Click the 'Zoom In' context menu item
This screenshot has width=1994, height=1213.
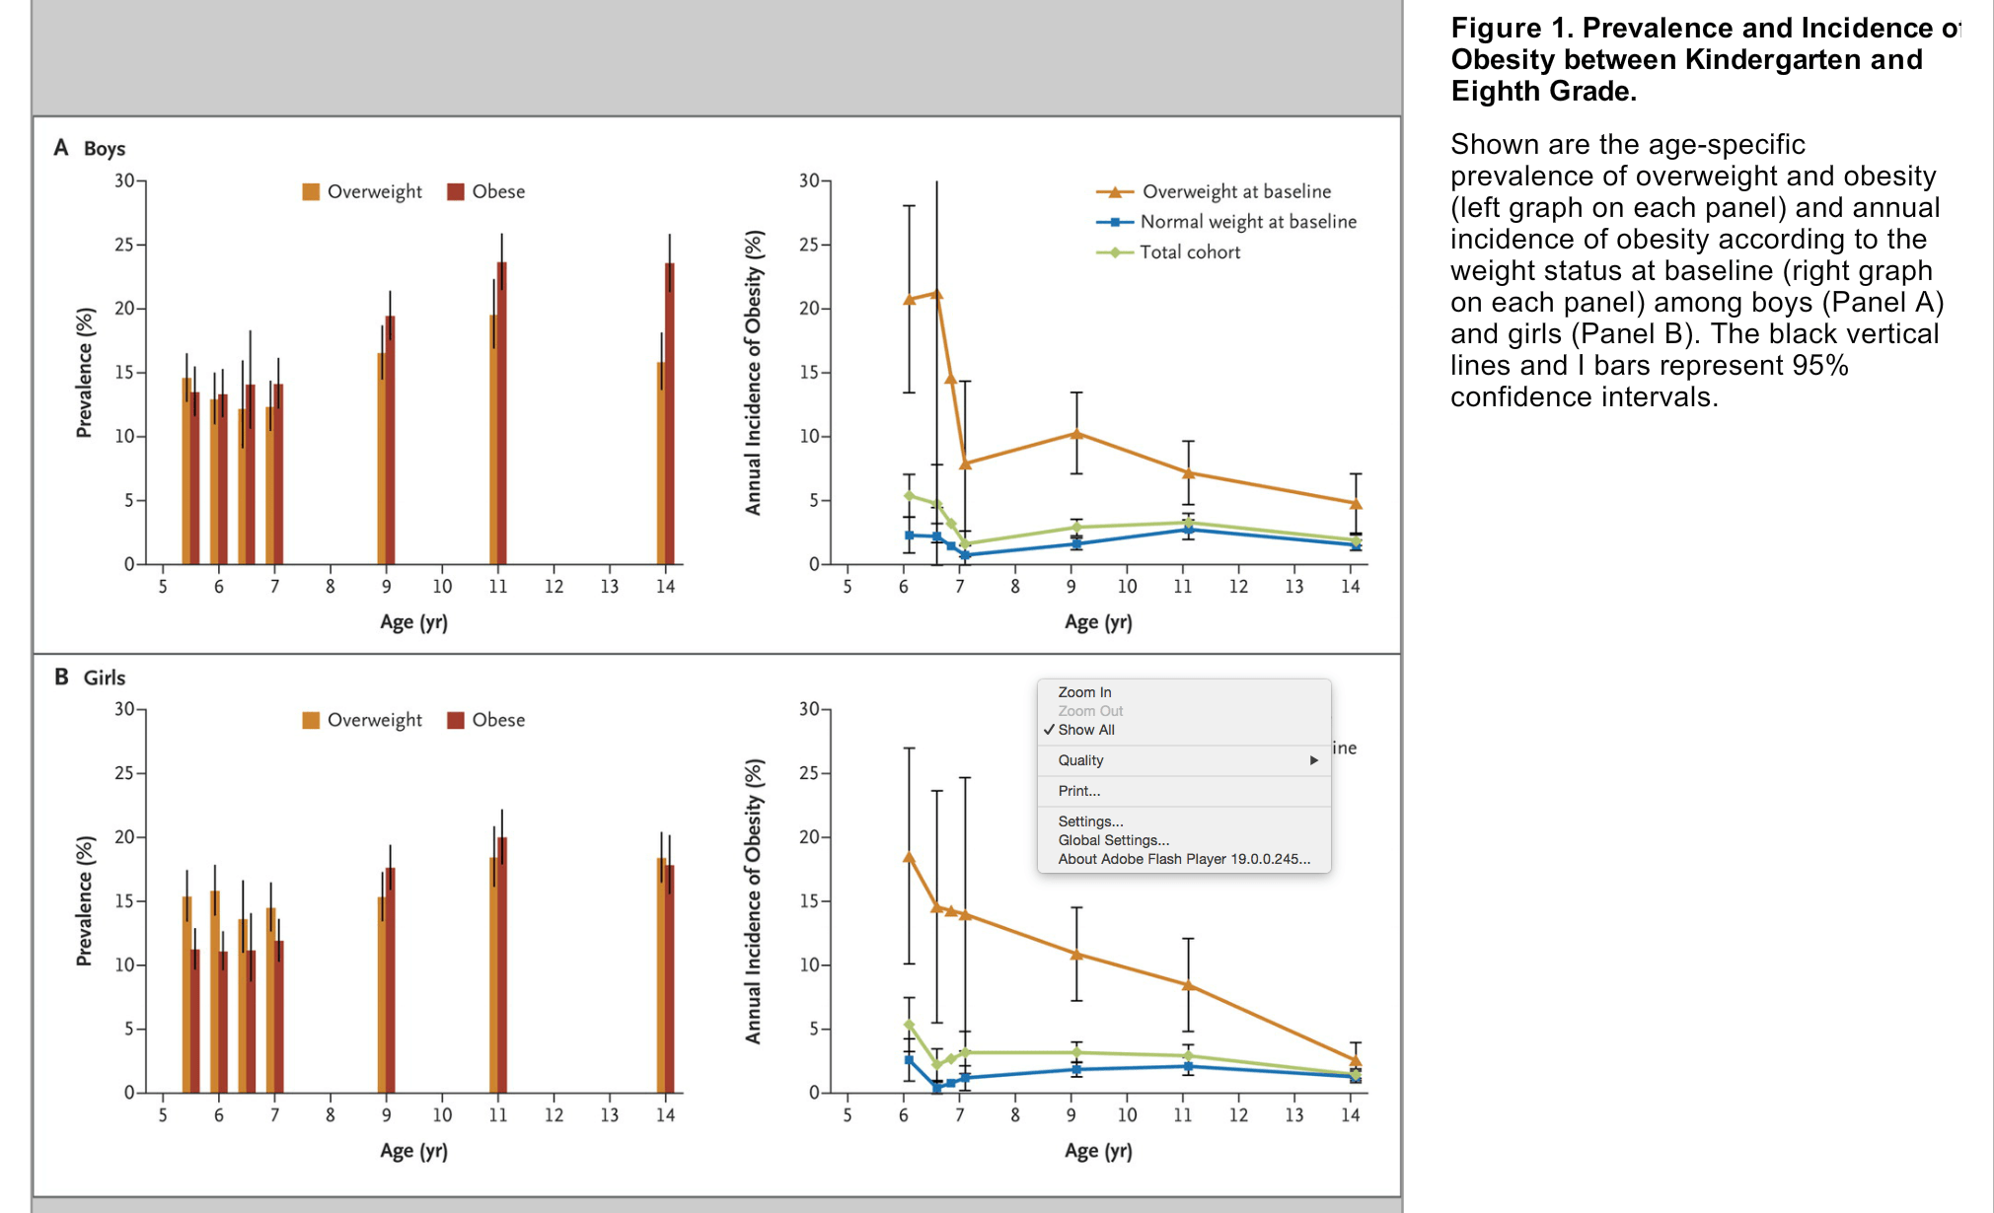coord(1084,692)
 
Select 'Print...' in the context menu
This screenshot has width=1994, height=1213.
coord(1078,791)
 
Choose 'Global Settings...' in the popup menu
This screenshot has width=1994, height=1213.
coord(1113,840)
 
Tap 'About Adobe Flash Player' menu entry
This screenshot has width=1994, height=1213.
coord(1183,859)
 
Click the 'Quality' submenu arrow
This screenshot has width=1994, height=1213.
coord(1313,760)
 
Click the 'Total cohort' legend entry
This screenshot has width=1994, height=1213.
coord(1189,252)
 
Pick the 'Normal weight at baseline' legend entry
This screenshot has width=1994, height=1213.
coord(1247,222)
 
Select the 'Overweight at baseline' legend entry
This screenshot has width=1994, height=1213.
coord(1235,191)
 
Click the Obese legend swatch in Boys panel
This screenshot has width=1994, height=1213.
coord(456,191)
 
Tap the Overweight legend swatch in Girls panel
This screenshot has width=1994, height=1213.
coord(311,720)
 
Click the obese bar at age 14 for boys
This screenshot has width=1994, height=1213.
coord(671,414)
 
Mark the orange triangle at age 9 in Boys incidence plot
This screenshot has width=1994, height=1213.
coord(1076,434)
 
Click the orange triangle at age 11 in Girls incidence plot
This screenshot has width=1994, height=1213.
coord(1189,984)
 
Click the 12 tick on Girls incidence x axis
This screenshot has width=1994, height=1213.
coord(1238,1115)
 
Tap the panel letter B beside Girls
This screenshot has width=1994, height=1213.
coord(61,678)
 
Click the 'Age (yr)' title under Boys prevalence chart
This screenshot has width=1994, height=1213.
coord(413,622)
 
